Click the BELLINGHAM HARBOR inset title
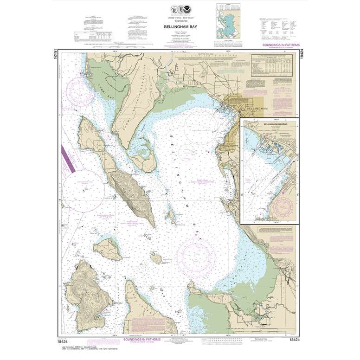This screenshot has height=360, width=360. click(x=263, y=125)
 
